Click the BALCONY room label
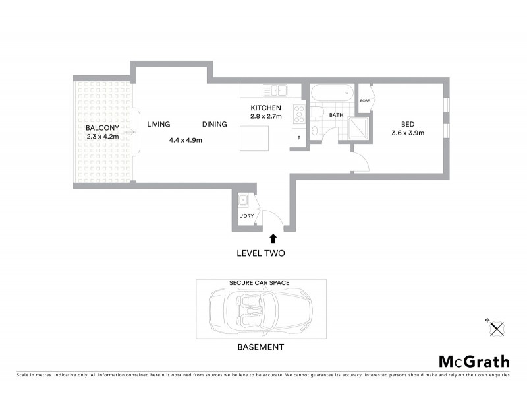102,128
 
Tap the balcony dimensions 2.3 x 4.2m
102,137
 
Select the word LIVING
159,124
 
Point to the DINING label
215,124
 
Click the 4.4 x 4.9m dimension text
185,140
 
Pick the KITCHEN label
265,108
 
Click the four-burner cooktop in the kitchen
298,115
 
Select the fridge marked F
299,138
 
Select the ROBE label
365,100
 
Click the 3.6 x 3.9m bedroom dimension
408,133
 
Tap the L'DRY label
246,216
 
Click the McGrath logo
474,361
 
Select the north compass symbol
496,327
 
